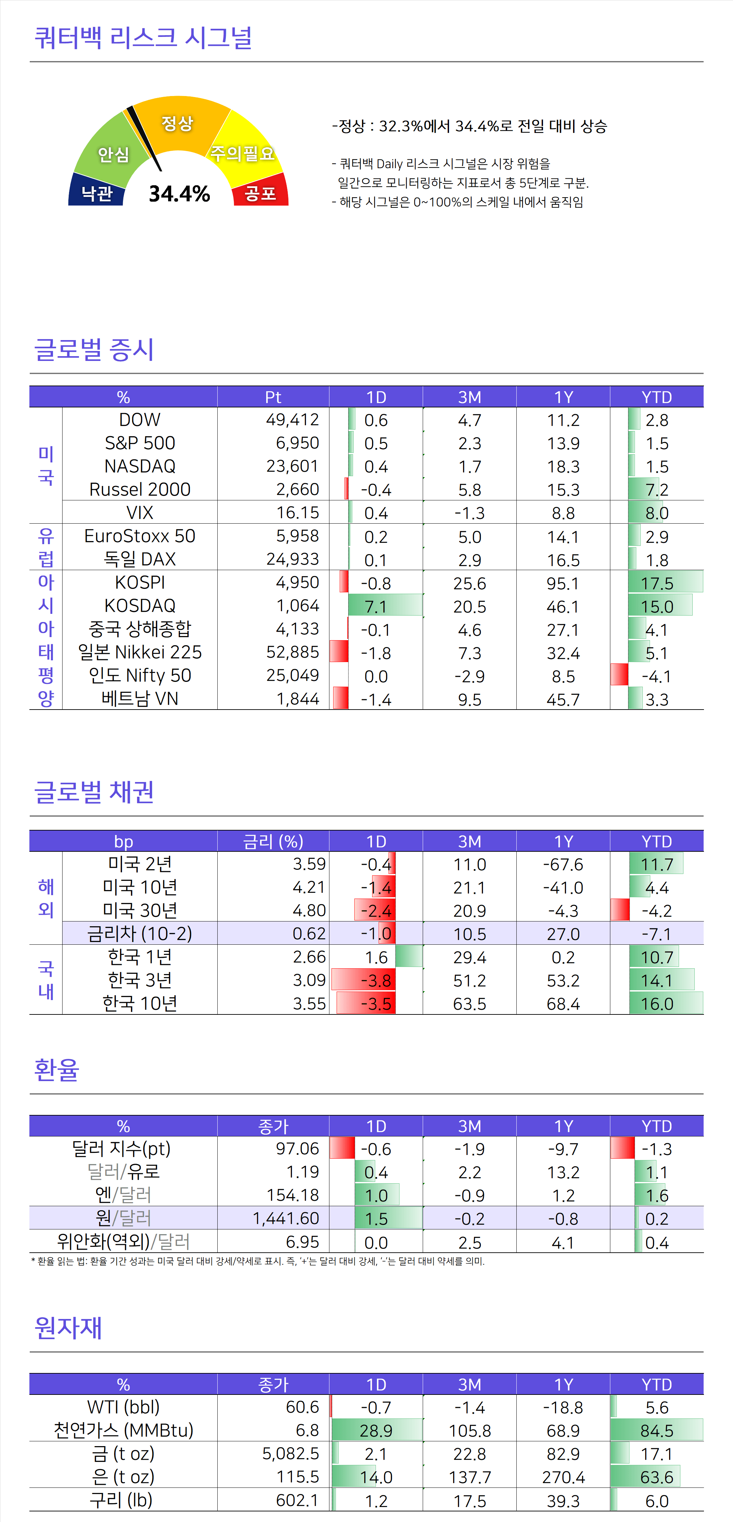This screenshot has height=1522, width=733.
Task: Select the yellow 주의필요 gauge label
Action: pyautogui.click(x=243, y=153)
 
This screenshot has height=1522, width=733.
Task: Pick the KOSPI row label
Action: pyautogui.click(x=140, y=582)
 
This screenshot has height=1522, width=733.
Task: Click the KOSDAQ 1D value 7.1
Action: pyautogui.click(x=376, y=607)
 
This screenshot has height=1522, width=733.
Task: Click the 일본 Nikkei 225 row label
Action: pyautogui.click(x=140, y=652)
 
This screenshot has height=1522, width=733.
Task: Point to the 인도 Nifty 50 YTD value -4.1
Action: pyautogui.click(x=656, y=676)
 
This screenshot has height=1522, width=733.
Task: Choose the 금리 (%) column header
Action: pyautogui.click(x=273, y=841)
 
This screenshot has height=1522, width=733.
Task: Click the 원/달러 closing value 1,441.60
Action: pyautogui.click(x=286, y=1218)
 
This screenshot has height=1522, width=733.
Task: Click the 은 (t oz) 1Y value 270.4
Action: pyautogui.click(x=563, y=1478)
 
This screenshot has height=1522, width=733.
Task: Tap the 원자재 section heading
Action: pyautogui.click(x=68, y=1328)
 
